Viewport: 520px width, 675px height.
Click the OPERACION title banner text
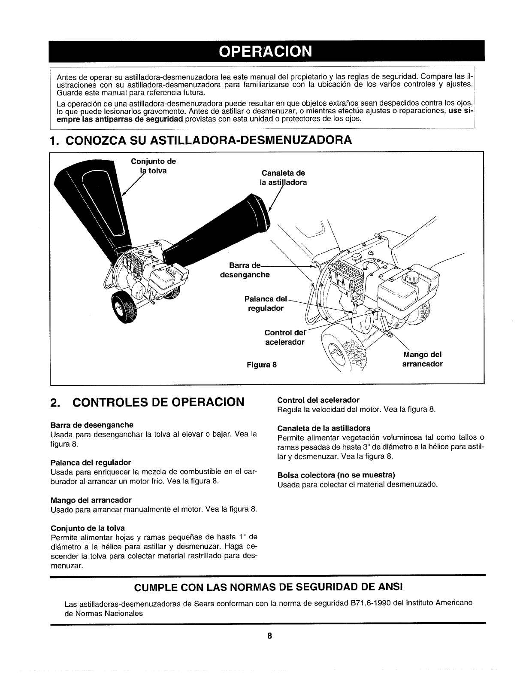265,51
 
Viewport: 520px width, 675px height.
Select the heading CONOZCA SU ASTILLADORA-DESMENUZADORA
201,140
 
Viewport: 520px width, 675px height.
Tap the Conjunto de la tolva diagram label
153,166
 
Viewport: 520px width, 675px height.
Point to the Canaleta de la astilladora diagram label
284,177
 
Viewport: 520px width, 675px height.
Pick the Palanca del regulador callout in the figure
265,303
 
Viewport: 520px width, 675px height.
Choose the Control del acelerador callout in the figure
284,337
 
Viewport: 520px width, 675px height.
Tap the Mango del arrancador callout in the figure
422,359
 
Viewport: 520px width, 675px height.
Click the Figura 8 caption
262,365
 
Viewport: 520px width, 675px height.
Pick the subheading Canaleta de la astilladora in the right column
323,428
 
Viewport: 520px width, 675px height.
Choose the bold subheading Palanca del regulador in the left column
91,462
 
